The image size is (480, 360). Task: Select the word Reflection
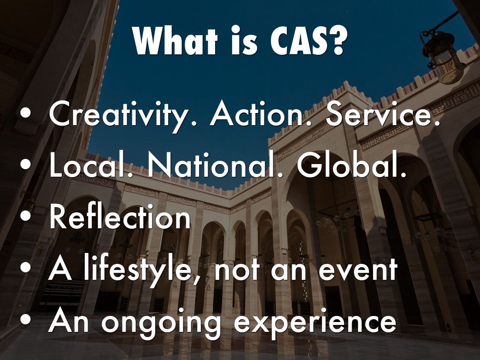[x=120, y=218]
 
